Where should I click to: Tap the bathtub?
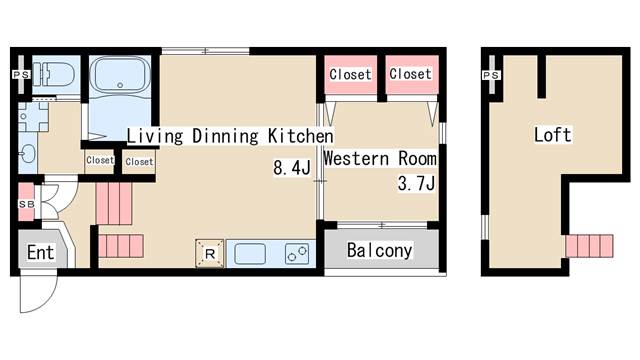click(x=120, y=74)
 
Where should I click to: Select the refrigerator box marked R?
click(x=210, y=253)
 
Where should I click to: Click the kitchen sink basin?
click(x=250, y=253)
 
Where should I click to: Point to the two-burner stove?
click(x=297, y=253)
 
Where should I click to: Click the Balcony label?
click(x=379, y=250)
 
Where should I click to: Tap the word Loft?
click(x=553, y=135)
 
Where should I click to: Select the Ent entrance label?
click(x=40, y=253)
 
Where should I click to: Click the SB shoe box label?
click(x=27, y=204)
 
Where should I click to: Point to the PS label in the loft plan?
click(x=491, y=76)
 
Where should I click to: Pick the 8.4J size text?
click(x=291, y=168)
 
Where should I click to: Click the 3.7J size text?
click(x=416, y=183)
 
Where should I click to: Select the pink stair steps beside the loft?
click(x=589, y=246)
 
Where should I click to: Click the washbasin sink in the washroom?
click(x=28, y=154)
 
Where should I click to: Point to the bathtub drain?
click(x=120, y=85)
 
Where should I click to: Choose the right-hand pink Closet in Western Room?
click(x=411, y=75)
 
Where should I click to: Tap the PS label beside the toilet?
click(x=21, y=75)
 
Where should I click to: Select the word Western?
click(x=356, y=158)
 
